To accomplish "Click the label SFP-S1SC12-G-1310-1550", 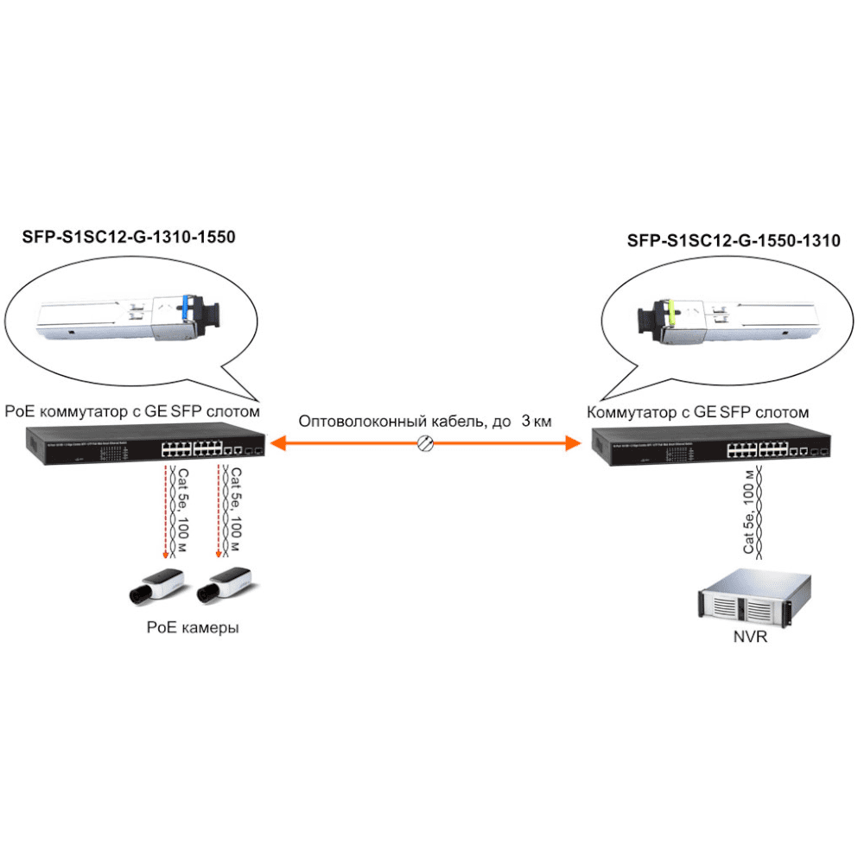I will click(x=129, y=235).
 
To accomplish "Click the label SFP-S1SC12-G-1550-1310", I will click(x=734, y=241).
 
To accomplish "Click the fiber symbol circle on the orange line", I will click(x=425, y=443).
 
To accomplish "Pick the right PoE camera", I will click(x=223, y=586).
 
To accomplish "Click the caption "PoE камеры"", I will click(x=192, y=628).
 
